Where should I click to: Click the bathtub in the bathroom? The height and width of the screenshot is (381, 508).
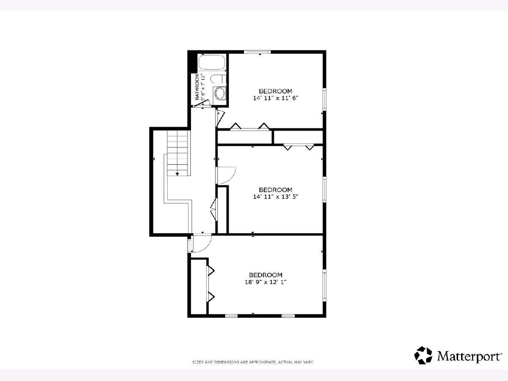click(212, 62)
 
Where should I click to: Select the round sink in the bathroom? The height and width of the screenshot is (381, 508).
click(219, 93)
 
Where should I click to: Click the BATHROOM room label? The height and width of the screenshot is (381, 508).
click(197, 87)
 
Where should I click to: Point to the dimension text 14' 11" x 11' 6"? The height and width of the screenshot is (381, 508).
click(276, 98)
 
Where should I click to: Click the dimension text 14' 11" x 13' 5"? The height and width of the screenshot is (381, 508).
click(276, 197)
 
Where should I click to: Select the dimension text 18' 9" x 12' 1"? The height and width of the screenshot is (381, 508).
click(265, 282)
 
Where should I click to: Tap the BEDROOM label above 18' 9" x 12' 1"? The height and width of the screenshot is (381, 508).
click(265, 275)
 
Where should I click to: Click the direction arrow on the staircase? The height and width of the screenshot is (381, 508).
click(177, 174)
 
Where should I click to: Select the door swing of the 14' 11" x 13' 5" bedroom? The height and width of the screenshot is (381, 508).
click(226, 176)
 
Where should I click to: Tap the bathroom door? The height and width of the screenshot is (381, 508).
click(202, 103)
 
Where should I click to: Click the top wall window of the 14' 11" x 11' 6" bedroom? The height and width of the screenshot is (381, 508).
click(257, 52)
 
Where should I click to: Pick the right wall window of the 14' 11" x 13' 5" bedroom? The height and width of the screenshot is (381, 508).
click(324, 190)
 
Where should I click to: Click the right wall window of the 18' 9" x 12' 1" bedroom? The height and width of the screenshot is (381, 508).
click(324, 285)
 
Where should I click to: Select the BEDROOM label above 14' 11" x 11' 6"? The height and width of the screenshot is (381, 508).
click(276, 91)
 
